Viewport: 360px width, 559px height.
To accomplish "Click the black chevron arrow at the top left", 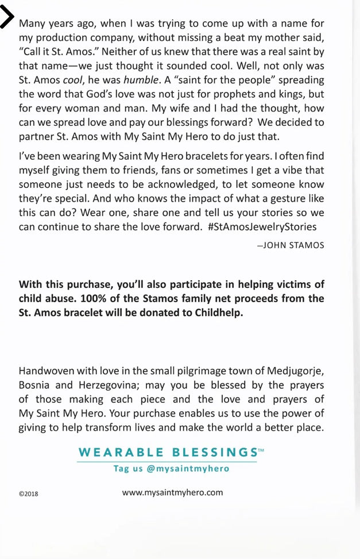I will coord(7,17).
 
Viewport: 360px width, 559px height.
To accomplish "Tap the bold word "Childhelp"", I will coord(218,313).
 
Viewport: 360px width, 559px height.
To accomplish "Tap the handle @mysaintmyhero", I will coord(188,468).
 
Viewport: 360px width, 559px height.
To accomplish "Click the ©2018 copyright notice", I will coord(29,494).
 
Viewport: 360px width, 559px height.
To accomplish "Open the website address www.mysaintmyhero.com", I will coord(172,492).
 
